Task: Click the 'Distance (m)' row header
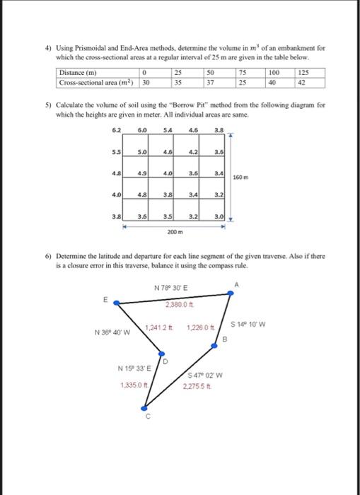click(79, 73)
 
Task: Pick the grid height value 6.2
click(116, 129)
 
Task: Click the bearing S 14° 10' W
click(247, 325)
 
